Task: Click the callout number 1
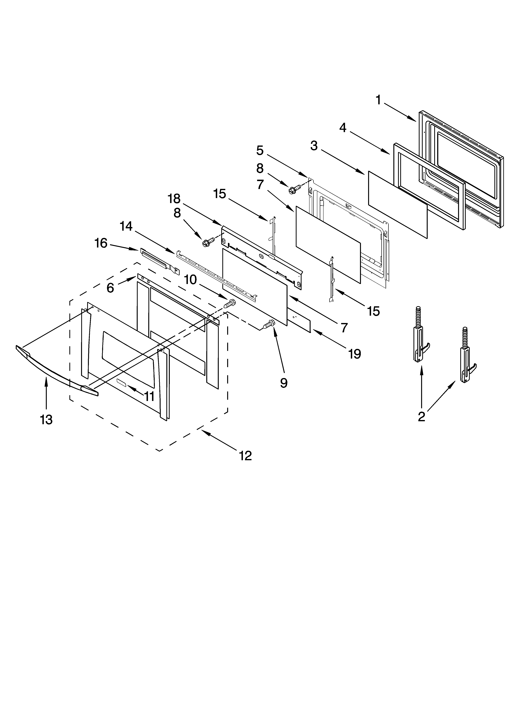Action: [x=378, y=100]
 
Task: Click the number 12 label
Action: [x=245, y=456]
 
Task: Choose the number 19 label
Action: [x=354, y=354]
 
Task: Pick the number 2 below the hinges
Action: [x=422, y=416]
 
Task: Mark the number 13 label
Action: [x=46, y=420]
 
